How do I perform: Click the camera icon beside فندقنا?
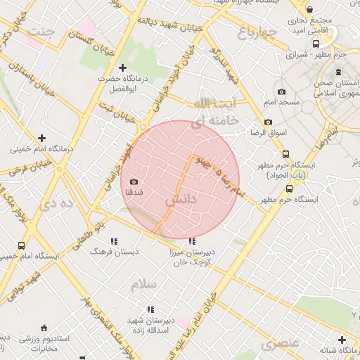134,182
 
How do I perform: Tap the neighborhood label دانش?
180,200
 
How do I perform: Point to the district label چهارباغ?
254,32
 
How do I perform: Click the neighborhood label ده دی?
58,204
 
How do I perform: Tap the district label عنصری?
281,343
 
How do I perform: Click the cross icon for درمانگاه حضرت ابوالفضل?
122,68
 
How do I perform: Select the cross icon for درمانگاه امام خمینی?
41,138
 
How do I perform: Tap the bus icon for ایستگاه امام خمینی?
21,246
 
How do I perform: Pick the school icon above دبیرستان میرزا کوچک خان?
193,241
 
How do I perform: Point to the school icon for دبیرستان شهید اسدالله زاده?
150,309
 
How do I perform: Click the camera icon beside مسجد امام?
281,91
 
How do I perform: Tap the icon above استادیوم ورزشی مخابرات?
44,328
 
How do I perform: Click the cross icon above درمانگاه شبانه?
342,340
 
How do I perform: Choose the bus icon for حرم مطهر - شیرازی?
287,53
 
